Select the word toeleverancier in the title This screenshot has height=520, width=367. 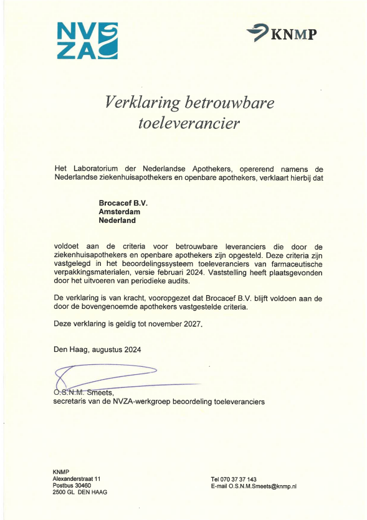[188, 123]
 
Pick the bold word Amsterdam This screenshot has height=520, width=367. [119, 212]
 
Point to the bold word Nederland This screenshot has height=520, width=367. [117, 220]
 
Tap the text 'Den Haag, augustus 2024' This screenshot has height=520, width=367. [97, 349]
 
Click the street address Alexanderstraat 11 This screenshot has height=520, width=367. [77, 478]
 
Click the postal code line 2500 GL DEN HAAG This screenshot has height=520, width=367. [80, 493]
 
